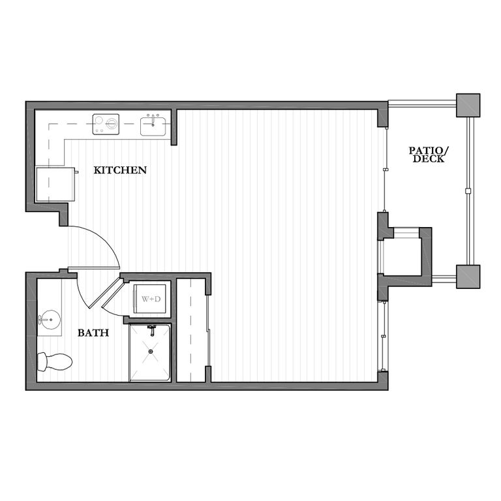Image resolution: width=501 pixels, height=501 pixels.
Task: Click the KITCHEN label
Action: (120, 170)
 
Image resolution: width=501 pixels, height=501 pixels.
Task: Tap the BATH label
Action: (93, 333)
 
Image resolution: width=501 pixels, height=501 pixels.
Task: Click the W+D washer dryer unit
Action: (149, 299)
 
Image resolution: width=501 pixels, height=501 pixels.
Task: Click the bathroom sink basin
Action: (48, 320)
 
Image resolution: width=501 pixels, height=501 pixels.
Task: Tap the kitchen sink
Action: (155, 125)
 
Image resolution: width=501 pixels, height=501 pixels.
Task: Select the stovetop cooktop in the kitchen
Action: (106, 124)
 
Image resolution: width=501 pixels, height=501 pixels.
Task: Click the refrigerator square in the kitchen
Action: (55, 185)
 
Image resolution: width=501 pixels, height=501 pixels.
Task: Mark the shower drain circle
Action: (151, 352)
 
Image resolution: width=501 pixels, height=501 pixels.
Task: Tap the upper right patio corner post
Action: (468, 105)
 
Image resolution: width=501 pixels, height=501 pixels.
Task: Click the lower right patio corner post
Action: (468, 276)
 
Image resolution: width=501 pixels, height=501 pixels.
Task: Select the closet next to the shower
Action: (191, 330)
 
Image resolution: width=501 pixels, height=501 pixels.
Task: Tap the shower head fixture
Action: (151, 329)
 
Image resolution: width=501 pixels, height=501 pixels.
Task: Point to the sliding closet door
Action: (209, 329)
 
